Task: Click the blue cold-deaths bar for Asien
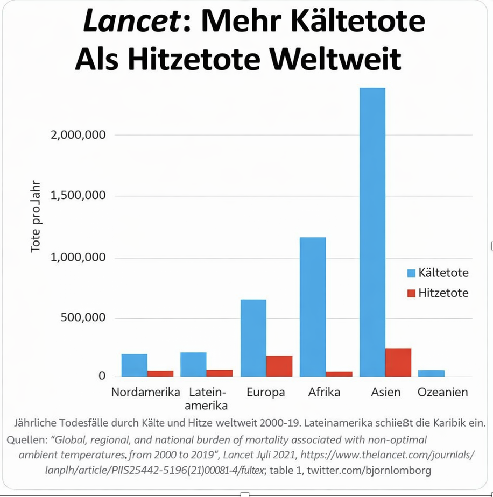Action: (372, 232)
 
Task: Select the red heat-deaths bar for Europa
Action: (279, 366)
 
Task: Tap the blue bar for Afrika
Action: (313, 307)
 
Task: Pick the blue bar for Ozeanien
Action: (431, 373)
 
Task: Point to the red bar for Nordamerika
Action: (160, 373)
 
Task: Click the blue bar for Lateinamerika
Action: (193, 364)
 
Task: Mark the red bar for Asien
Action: (398, 362)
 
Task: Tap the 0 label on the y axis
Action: (102, 376)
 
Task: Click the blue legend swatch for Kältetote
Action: (412, 273)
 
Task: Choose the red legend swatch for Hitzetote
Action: (412, 293)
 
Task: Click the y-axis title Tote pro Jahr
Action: (36, 216)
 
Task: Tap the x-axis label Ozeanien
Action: (442, 392)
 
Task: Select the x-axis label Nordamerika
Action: (145, 392)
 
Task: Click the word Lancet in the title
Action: (129, 22)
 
